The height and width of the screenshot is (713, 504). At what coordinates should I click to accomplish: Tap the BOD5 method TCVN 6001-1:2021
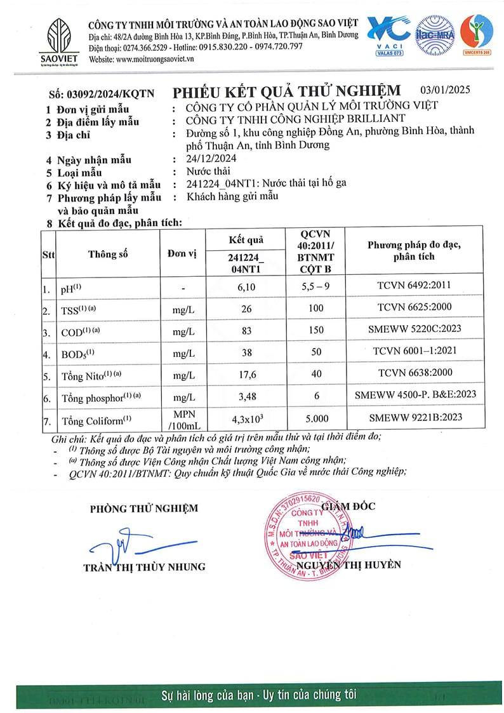tap(413, 350)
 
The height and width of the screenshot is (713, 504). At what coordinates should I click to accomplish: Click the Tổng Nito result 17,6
tap(245, 375)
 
